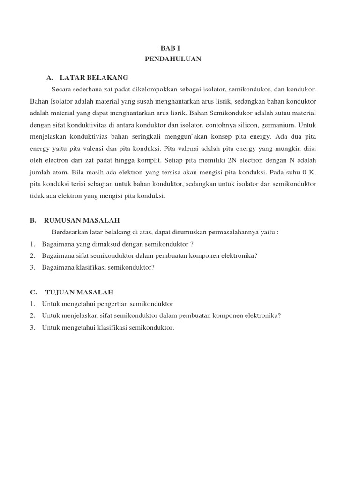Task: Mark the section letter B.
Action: (x=32, y=220)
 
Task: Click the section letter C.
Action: (x=32, y=292)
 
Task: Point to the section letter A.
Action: (x=49, y=77)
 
